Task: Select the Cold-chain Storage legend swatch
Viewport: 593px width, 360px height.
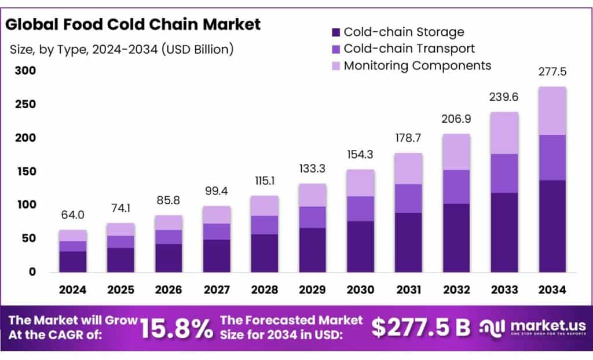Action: click(336, 32)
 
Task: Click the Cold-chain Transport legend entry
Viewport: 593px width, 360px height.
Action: click(409, 49)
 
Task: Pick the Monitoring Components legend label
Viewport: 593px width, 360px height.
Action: click(417, 65)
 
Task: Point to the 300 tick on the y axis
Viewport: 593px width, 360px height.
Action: click(25, 71)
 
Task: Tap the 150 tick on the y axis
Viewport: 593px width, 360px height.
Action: click(25, 171)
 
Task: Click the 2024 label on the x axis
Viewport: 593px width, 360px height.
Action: click(73, 289)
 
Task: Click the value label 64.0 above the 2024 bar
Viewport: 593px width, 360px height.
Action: click(73, 215)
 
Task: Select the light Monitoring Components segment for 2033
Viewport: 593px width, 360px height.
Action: click(504, 133)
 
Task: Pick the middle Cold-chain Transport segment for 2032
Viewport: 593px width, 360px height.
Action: click(456, 186)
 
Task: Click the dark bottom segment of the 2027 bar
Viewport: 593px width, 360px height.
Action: click(217, 255)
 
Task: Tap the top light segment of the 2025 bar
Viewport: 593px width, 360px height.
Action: click(121, 229)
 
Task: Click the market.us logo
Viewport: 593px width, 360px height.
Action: click(533, 328)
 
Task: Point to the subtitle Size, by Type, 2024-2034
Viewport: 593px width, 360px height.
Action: click(122, 49)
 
